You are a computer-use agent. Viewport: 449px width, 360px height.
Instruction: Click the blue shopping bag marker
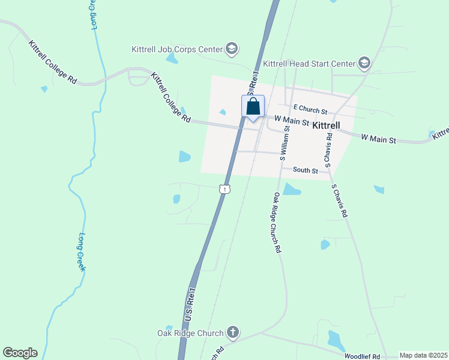tap(253, 107)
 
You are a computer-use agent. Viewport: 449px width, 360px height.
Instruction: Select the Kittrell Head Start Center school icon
tap(364, 63)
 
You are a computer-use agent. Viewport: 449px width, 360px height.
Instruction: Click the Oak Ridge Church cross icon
tap(233, 332)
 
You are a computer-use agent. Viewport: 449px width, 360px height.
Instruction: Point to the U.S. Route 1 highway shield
tap(224, 189)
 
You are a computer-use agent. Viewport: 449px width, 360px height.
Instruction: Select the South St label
tap(306, 170)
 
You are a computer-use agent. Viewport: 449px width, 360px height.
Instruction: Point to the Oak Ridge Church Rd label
tap(277, 223)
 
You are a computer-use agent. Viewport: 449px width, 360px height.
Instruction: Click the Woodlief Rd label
tap(363, 356)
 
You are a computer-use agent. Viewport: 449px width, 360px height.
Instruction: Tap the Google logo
tap(20, 353)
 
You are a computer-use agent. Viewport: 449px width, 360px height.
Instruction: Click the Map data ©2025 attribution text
tap(423, 356)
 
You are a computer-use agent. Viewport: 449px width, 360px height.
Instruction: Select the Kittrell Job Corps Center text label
tap(177, 49)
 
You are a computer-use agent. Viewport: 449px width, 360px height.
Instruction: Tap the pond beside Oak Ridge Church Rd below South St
tap(291, 190)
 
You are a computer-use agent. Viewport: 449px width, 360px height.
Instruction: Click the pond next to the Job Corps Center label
tap(172, 59)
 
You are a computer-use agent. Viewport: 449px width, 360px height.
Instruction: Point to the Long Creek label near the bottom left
tap(82, 252)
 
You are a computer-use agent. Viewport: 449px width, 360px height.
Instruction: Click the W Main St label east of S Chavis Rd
tap(378, 139)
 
